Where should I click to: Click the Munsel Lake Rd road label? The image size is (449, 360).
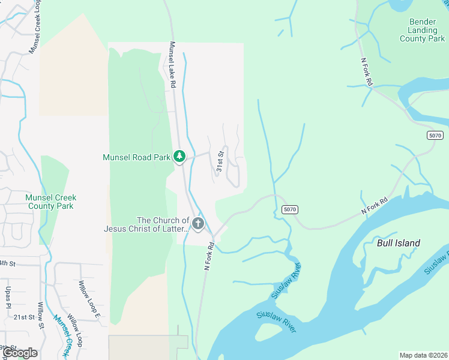point(172,65)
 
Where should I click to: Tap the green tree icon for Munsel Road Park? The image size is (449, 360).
point(179,157)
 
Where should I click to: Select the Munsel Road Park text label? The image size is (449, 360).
point(136,157)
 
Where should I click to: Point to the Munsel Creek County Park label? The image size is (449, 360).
point(51,202)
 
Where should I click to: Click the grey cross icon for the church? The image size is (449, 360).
point(198,224)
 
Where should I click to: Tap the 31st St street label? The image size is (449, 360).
point(220,161)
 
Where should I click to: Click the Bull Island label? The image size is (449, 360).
point(399,243)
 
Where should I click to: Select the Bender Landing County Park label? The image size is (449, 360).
point(423,30)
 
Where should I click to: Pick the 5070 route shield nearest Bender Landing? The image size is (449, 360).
point(436,136)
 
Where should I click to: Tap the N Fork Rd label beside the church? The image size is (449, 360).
point(209,257)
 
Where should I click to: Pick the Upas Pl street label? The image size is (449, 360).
point(8,298)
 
